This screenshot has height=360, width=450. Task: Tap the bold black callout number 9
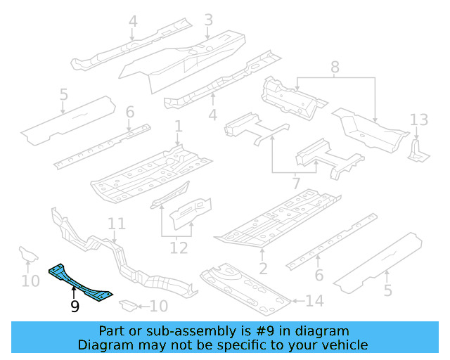(75, 307)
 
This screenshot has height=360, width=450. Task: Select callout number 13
(419, 120)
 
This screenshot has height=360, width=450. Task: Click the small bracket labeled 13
(418, 150)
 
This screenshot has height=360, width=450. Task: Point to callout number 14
(314, 301)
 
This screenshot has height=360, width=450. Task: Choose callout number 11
(117, 224)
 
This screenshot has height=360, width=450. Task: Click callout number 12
(179, 248)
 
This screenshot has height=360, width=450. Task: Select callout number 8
(335, 67)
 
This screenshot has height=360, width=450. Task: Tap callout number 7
(296, 183)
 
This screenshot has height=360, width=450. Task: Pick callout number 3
(209, 20)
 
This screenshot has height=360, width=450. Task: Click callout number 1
(179, 127)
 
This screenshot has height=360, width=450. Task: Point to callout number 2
(263, 269)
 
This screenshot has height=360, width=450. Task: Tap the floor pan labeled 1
(150, 175)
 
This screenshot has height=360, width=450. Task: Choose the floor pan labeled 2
(277, 218)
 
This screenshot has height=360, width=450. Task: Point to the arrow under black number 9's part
(74, 293)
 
